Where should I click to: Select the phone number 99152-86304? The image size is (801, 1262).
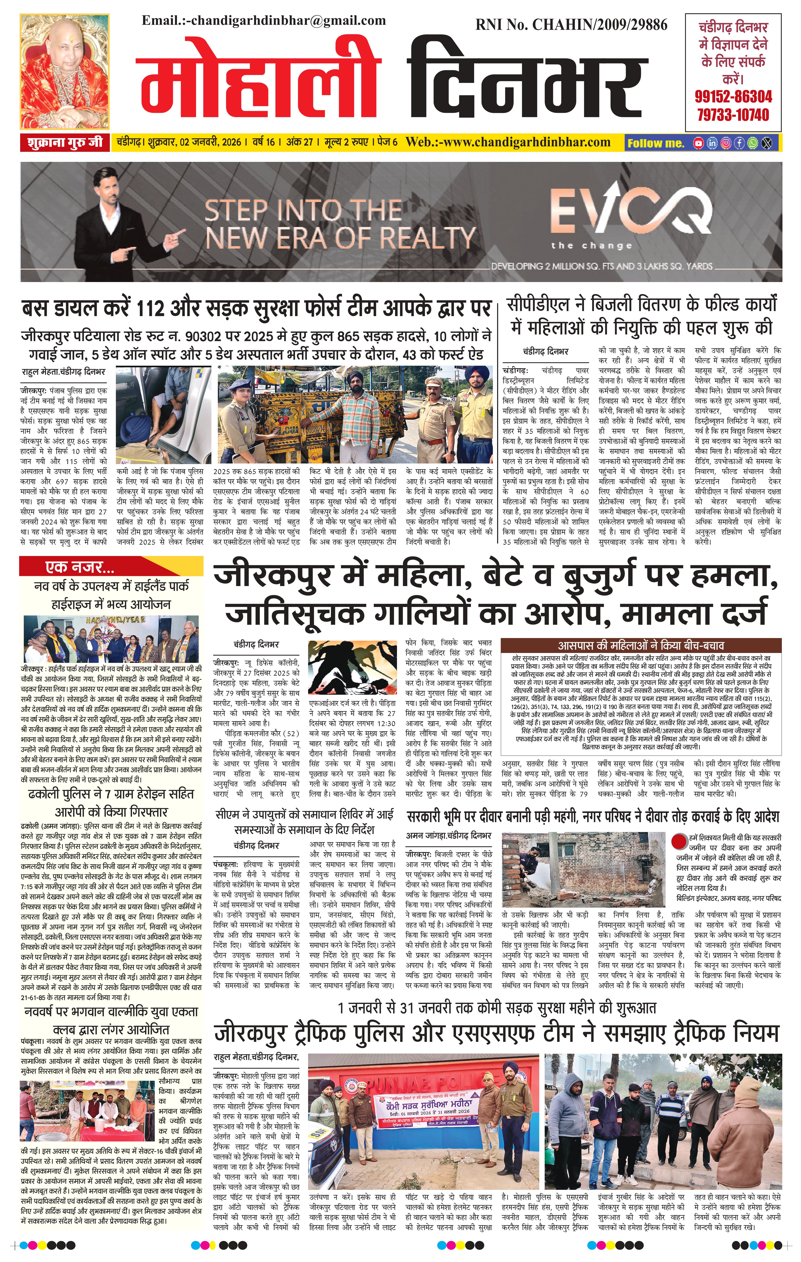733,96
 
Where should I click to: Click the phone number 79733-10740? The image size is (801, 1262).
733,114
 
